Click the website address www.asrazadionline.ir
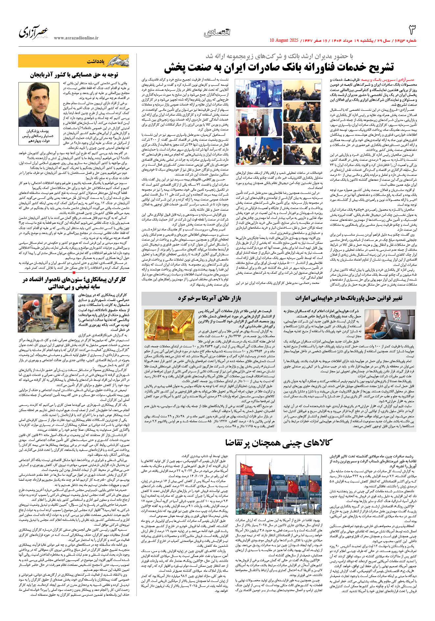(76, 38)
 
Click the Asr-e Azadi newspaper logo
(34, 32)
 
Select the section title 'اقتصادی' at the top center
(217, 32)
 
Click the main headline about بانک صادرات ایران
(279, 67)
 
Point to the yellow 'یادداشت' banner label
(96, 61)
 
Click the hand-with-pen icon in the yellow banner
(118, 61)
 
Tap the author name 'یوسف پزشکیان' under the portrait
(39, 131)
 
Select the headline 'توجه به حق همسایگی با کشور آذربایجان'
(74, 75)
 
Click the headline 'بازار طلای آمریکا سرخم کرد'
(209, 298)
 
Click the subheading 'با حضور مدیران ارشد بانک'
(279, 56)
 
